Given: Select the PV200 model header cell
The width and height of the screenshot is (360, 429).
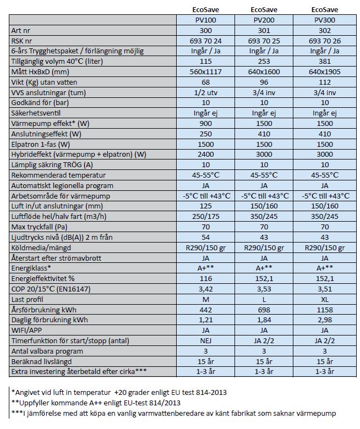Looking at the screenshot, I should coord(264,20).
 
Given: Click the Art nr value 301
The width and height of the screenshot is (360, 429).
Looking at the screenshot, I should coord(264,30).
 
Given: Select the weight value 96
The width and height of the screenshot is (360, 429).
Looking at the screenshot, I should coord(264,82).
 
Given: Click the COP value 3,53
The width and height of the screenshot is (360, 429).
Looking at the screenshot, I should coord(264,289).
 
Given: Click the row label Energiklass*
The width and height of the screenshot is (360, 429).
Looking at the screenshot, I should coord(31,268).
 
